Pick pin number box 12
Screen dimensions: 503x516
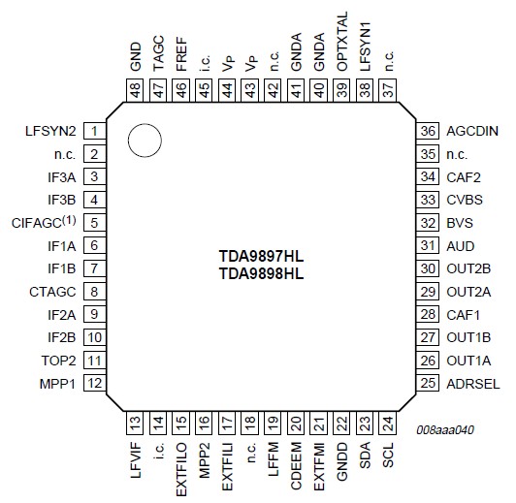coord(94,384)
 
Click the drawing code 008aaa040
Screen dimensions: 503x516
coord(445,429)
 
